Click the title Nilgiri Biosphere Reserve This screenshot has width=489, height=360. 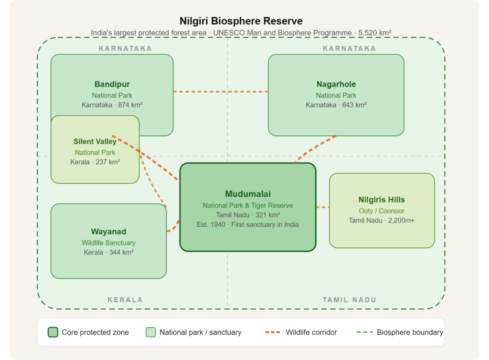click(x=241, y=21)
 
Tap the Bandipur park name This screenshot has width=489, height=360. click(x=112, y=84)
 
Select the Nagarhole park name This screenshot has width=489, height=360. click(x=336, y=84)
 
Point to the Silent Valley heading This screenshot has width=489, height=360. click(x=95, y=141)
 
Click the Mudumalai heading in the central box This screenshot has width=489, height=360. click(x=248, y=194)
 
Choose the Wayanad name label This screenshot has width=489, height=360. click(x=108, y=232)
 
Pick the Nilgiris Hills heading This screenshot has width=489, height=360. click(x=382, y=200)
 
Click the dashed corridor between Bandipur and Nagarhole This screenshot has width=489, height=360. click(x=221, y=92)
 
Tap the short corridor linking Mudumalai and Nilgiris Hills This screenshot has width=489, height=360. click(x=322, y=207)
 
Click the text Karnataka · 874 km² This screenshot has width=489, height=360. click(x=112, y=105)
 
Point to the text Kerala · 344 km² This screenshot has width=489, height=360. click(x=108, y=252)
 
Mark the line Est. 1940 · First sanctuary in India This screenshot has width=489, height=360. click(x=248, y=224)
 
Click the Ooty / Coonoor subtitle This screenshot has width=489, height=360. click(x=382, y=211)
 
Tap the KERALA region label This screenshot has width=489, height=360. click(x=125, y=300)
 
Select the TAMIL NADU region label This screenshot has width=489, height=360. click(x=349, y=300)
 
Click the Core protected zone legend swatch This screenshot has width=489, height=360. click(x=53, y=332)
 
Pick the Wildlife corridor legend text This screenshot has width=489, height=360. click(x=311, y=332)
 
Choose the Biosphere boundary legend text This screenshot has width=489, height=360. click(x=410, y=332)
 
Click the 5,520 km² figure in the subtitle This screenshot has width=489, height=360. click(x=374, y=33)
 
